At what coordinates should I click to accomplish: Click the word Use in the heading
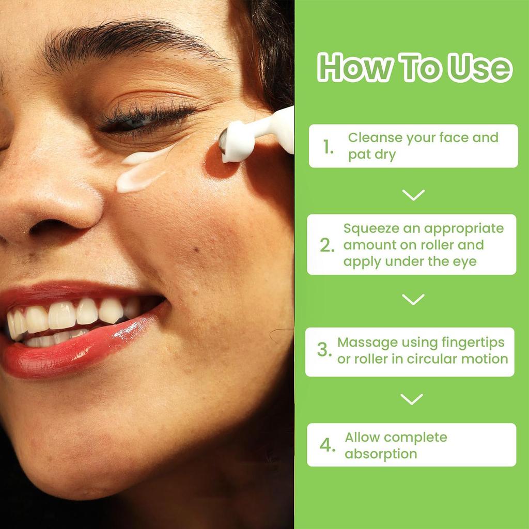pos(480,68)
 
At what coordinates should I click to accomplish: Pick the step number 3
pos(324,350)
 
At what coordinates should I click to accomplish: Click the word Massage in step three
pos(367,342)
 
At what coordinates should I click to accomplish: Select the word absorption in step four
pos(381,454)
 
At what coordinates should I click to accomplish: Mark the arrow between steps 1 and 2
pos(413,195)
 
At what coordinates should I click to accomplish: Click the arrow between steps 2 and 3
pos(413,299)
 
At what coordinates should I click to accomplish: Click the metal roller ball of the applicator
pos(224,141)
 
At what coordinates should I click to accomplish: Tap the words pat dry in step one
pos(371,154)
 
